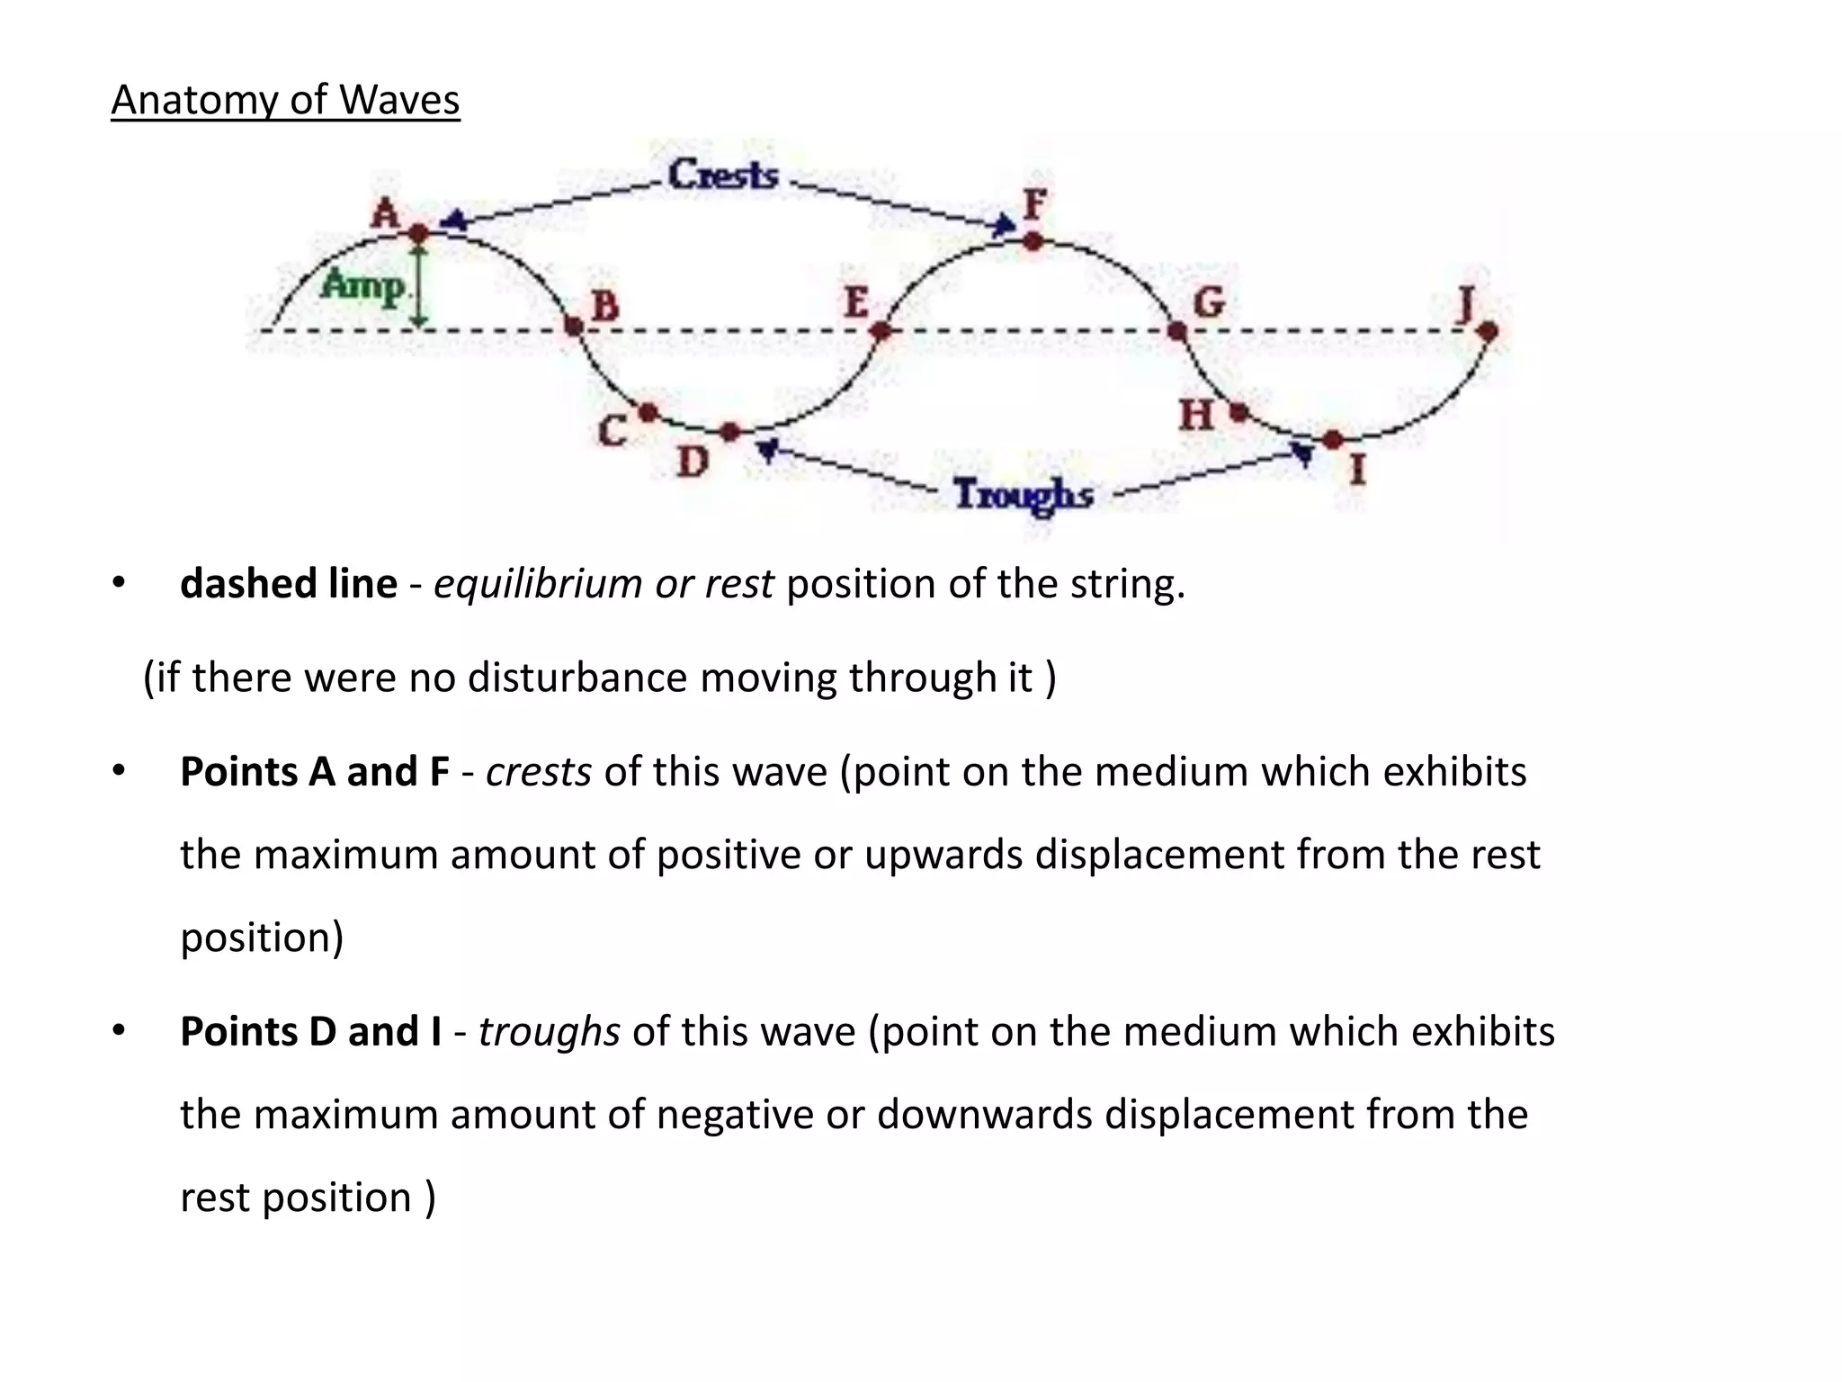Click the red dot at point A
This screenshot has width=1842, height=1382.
pyautogui.click(x=419, y=234)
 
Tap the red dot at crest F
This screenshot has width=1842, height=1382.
pyautogui.click(x=1033, y=241)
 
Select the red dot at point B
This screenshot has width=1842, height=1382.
pyautogui.click(x=573, y=326)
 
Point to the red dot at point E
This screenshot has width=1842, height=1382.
pyautogui.click(x=881, y=331)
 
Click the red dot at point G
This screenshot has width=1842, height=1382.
pyautogui.click(x=1176, y=331)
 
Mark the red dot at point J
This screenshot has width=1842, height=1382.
pyautogui.click(x=1488, y=331)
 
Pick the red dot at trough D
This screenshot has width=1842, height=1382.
pyautogui.click(x=730, y=433)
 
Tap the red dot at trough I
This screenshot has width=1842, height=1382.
pyautogui.click(x=1333, y=440)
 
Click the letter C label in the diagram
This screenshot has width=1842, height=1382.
pyautogui.click(x=613, y=431)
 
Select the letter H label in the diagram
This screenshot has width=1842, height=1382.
pyautogui.click(x=1196, y=416)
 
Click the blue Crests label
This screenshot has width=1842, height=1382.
pyautogui.click(x=723, y=175)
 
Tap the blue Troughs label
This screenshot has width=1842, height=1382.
pyautogui.click(x=1024, y=495)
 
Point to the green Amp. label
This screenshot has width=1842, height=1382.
pyautogui.click(x=364, y=287)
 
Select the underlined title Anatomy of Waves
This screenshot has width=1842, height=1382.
pyautogui.click(x=285, y=100)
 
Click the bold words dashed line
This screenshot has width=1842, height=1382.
pyautogui.click(x=289, y=584)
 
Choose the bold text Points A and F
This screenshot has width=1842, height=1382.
pyautogui.click(x=314, y=772)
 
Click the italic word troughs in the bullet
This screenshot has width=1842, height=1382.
pyautogui.click(x=549, y=1031)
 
